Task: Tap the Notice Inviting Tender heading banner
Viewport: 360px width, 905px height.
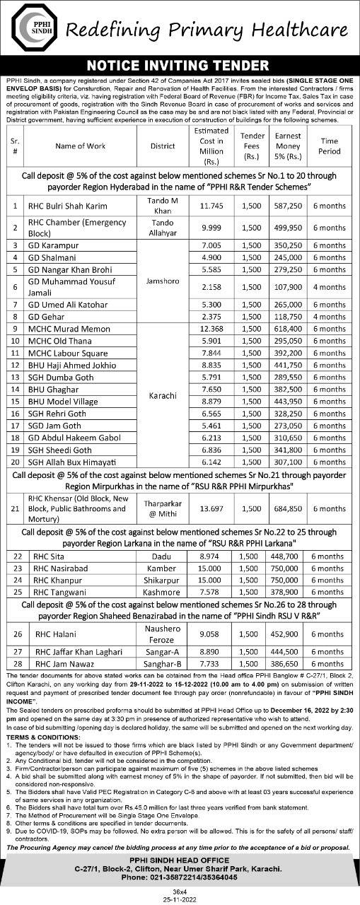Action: tap(180, 65)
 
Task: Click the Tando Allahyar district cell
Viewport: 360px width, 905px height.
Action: tap(162, 228)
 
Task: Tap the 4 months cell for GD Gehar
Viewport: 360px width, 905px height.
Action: tap(330, 317)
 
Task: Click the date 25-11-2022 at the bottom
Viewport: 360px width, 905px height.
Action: tap(180, 899)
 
